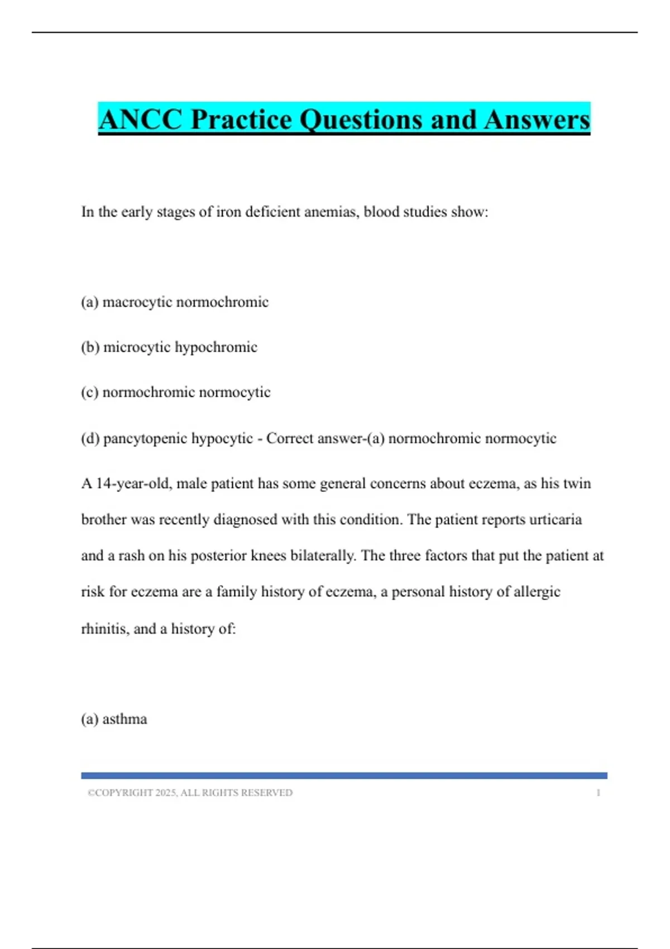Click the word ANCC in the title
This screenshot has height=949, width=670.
[141, 119]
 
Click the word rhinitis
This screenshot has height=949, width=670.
[105, 629]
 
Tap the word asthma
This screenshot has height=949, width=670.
[125, 719]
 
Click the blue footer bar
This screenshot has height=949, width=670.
[344, 775]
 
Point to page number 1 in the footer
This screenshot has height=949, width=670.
[598, 793]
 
